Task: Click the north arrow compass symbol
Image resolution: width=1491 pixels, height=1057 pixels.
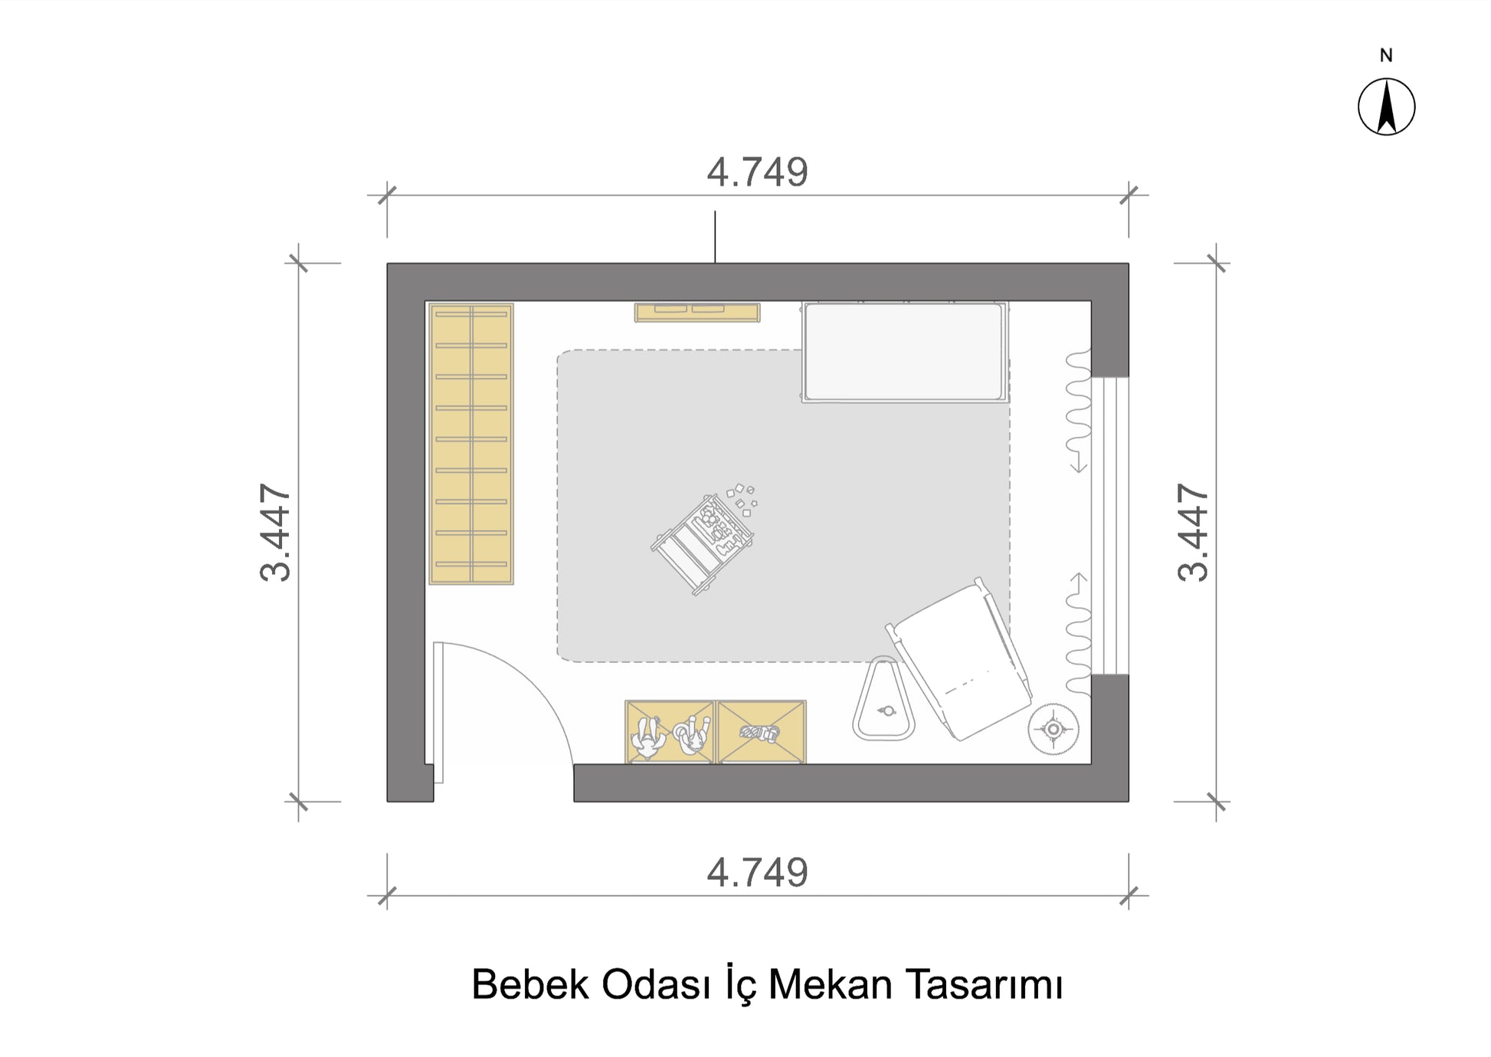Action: (1386, 107)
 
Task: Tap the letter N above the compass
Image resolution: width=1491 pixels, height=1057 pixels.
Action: (1386, 55)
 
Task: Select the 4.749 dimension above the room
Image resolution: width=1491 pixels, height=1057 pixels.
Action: (757, 172)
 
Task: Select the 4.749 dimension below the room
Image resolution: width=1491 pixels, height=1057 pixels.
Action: (757, 873)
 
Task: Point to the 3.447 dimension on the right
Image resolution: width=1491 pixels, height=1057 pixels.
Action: (1193, 533)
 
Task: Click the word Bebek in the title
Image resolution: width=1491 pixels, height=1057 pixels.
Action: (529, 985)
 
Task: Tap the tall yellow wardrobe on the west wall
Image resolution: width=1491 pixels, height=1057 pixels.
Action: (471, 445)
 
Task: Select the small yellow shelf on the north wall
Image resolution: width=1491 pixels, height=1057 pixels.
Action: (697, 312)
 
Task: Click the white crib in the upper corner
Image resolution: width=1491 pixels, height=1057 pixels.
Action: (905, 352)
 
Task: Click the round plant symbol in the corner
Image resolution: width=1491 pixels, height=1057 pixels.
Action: (1054, 729)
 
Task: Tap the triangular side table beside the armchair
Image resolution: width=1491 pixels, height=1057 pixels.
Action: (885, 699)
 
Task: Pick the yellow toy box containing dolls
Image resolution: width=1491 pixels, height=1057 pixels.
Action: (670, 732)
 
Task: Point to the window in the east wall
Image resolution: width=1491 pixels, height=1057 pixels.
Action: (1110, 526)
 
